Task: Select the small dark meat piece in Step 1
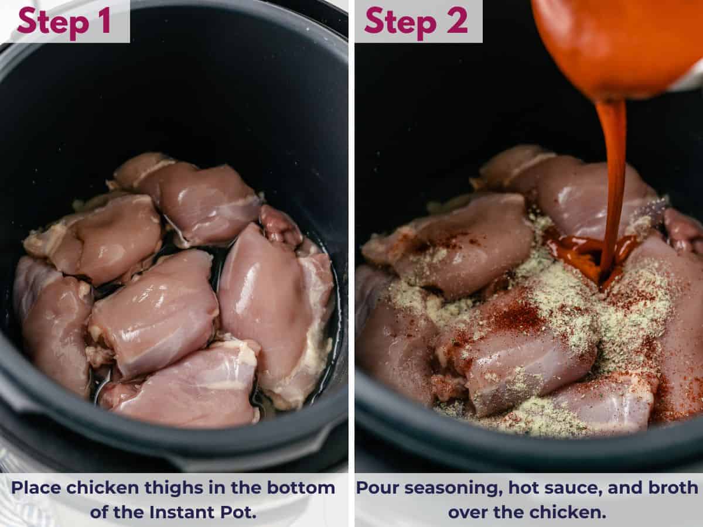point(279,226)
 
